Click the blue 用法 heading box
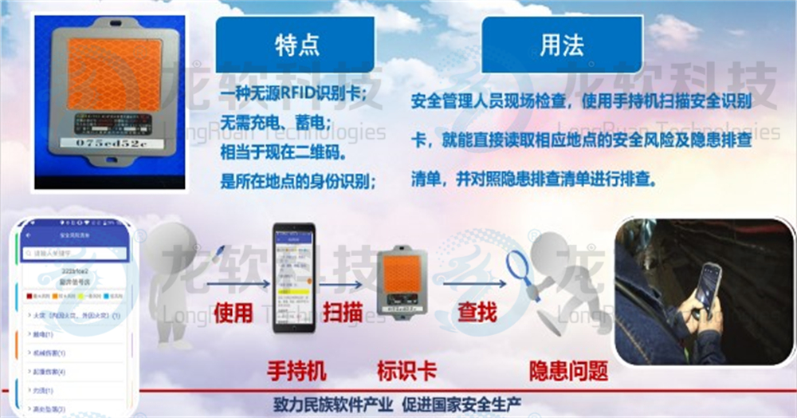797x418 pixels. tap(561, 45)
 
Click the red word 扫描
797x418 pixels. tap(341, 310)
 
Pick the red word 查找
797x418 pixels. tap(477, 310)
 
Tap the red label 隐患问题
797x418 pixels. tap(568, 370)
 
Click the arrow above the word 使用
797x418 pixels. tap(234, 282)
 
